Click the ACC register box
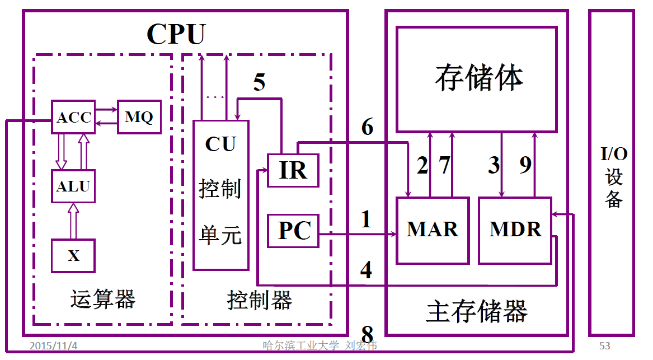[73, 118]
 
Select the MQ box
[139, 118]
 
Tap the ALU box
[73, 186]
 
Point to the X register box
[73, 256]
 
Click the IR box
[293, 170]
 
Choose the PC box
[293, 231]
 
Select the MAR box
[432, 230]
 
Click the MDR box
[515, 230]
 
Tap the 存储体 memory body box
[477, 79]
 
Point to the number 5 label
[259, 82]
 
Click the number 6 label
[367, 128]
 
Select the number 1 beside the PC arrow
[366, 219]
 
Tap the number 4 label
[366, 270]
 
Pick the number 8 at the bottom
[367, 335]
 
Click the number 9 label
[525, 165]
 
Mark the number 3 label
[493, 165]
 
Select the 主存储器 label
[477, 311]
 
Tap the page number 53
[604, 345]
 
